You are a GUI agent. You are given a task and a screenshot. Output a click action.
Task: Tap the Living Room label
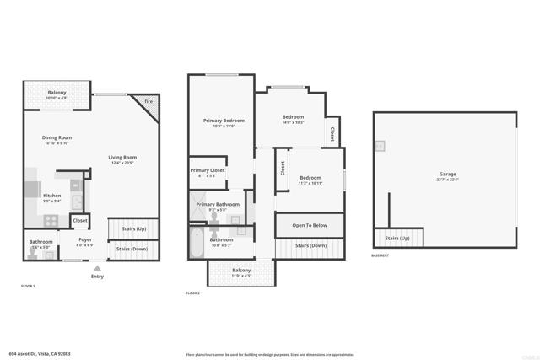coord(122,157)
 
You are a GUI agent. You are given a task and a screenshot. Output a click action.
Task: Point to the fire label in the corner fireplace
coord(148,102)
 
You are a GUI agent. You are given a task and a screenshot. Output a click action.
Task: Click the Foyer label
coord(85,239)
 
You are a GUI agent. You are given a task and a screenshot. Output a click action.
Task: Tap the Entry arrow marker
coord(97,267)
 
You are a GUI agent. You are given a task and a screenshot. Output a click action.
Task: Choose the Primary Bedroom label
coord(218,121)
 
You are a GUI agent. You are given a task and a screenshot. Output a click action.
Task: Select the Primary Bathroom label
coord(218,204)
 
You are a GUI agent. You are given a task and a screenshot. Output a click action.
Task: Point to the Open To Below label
coord(310,226)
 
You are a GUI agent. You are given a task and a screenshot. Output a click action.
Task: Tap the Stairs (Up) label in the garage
coord(398,239)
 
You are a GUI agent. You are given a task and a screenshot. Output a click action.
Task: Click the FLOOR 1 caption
coord(28,287)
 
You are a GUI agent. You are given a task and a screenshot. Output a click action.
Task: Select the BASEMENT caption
coord(381,255)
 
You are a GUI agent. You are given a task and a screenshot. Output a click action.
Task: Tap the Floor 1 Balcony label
coord(57,92)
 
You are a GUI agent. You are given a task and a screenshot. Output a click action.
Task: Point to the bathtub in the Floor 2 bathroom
coord(197,246)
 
